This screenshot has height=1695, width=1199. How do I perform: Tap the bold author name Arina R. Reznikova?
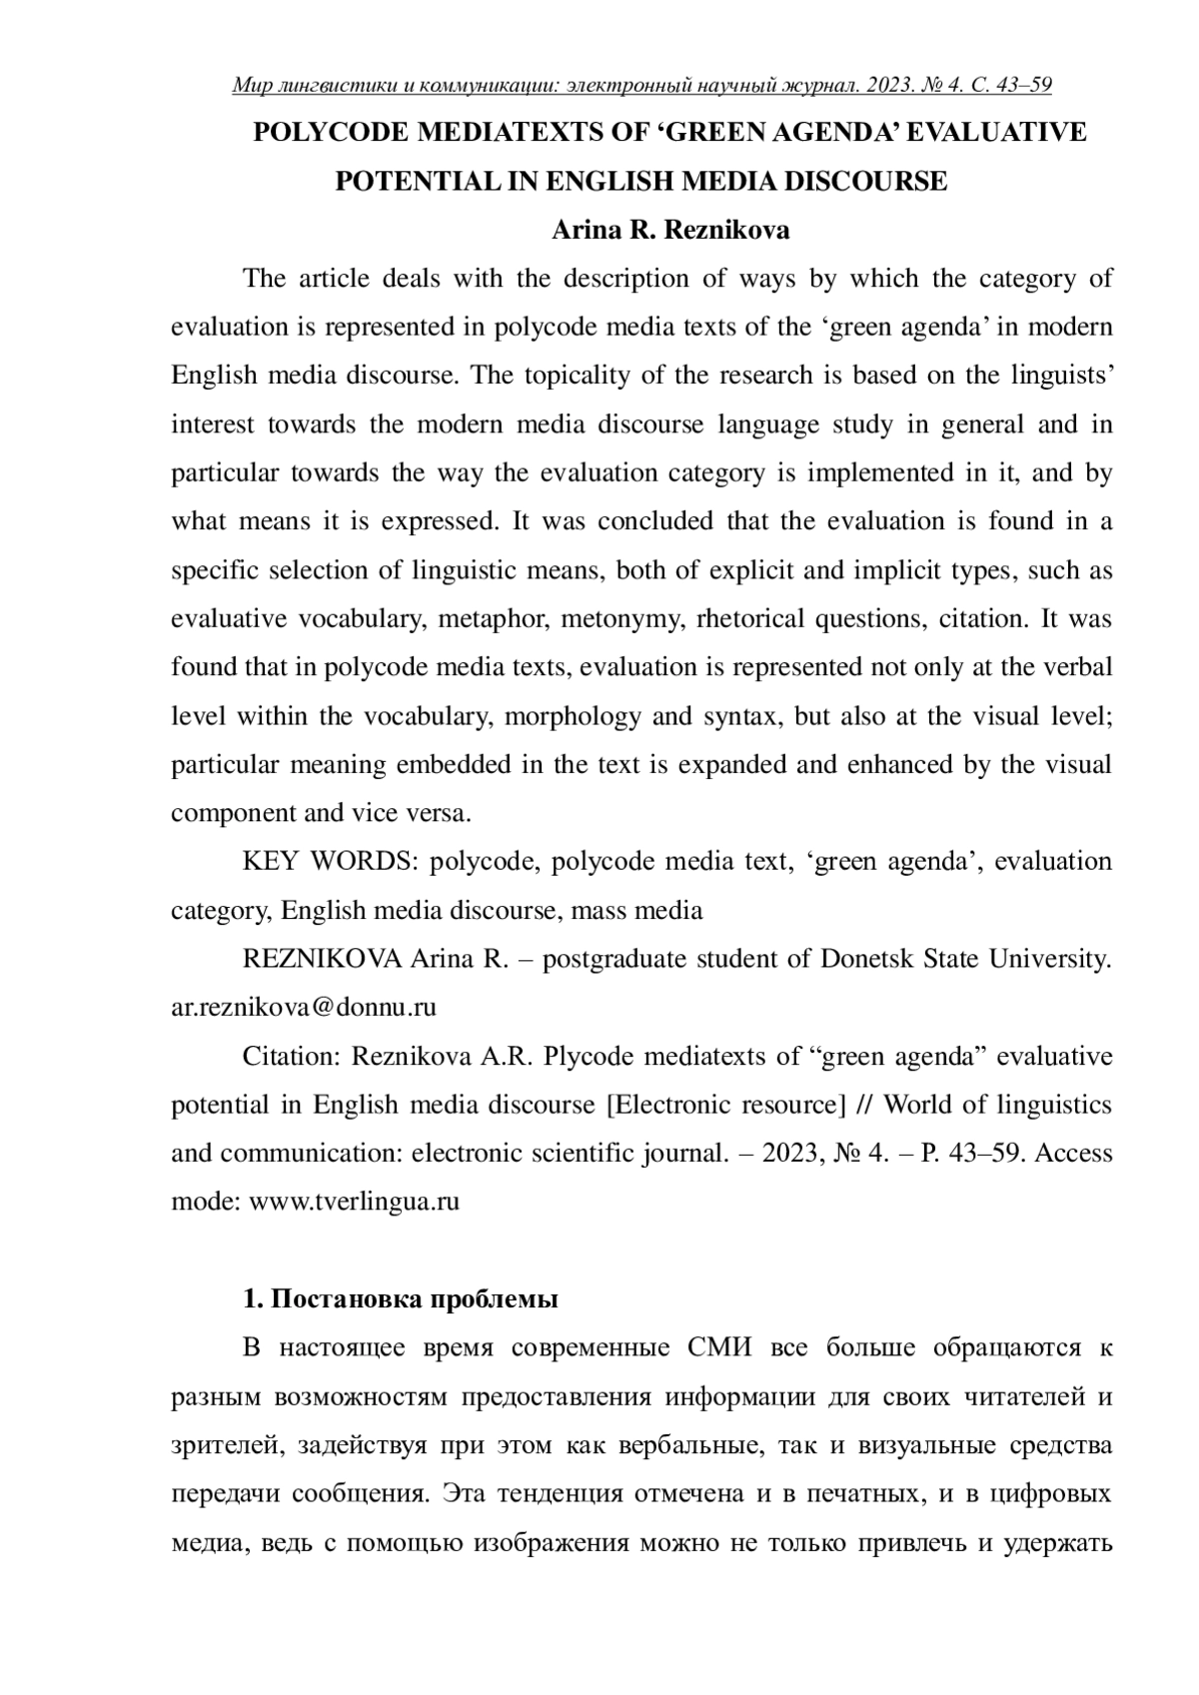(670, 230)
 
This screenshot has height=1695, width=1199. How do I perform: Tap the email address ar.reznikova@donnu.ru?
(304, 1007)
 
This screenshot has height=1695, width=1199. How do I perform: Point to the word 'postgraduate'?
(614, 959)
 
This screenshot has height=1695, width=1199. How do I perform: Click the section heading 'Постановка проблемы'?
(415, 1299)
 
